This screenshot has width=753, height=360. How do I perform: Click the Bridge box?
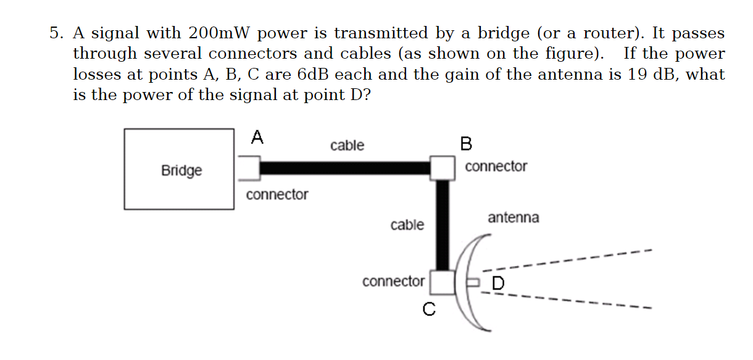click(179, 169)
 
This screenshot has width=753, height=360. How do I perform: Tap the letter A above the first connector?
click(257, 138)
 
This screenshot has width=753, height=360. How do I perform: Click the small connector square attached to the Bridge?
click(248, 167)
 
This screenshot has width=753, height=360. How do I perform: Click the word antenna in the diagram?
click(513, 217)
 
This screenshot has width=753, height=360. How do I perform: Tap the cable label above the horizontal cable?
click(347, 146)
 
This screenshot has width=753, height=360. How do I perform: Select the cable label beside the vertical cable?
click(407, 225)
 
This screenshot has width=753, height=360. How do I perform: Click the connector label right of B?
click(496, 167)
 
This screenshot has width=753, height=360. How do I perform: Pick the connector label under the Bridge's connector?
click(277, 195)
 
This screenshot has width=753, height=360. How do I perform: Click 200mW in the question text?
click(215, 33)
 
